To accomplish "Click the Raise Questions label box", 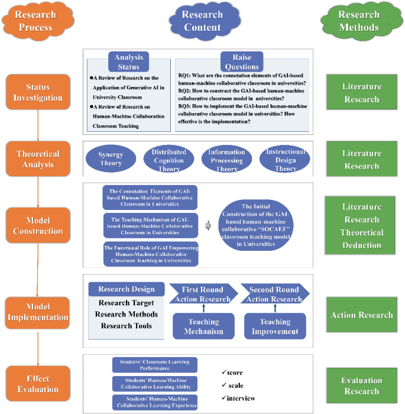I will (242, 61).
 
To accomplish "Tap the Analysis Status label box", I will (128, 61).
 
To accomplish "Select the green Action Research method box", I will (362, 315).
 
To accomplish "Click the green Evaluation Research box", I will (362, 386).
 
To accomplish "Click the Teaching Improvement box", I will (275, 326).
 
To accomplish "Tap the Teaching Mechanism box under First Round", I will (203, 326).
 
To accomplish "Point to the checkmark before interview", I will (223, 397).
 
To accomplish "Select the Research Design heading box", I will (126, 290).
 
